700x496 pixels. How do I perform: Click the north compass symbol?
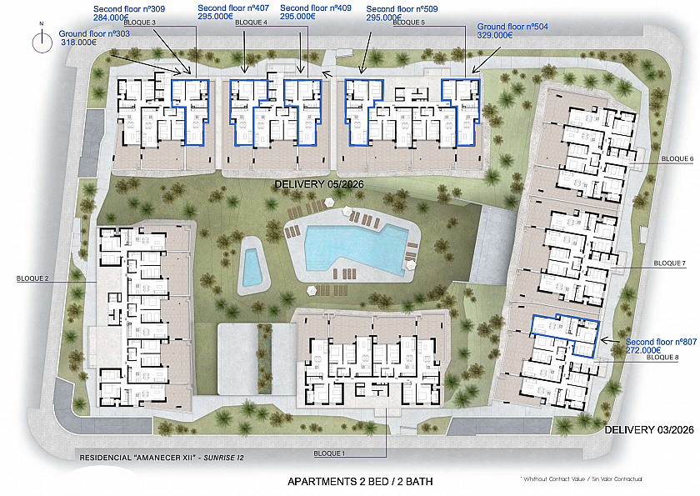(x=42, y=41)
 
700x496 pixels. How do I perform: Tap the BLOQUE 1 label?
(x=329, y=453)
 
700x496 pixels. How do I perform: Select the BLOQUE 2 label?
(x=32, y=278)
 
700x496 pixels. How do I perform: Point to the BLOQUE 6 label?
(x=677, y=158)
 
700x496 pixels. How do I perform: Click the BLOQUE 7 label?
(x=670, y=263)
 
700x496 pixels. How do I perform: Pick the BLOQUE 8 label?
(x=662, y=357)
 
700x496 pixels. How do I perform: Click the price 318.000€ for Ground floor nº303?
(x=78, y=43)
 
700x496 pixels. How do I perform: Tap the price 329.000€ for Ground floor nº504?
(x=495, y=35)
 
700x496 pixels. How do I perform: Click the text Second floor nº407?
(x=233, y=8)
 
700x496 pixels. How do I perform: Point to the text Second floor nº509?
(x=402, y=9)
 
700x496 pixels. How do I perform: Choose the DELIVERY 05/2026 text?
(x=319, y=184)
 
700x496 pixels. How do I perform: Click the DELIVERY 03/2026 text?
(x=649, y=429)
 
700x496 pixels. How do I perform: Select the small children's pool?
(x=252, y=267)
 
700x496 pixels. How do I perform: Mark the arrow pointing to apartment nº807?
(x=612, y=341)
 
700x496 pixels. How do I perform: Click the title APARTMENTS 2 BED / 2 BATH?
(x=360, y=481)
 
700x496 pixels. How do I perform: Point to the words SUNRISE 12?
(x=223, y=458)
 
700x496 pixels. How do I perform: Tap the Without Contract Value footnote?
(x=581, y=479)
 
